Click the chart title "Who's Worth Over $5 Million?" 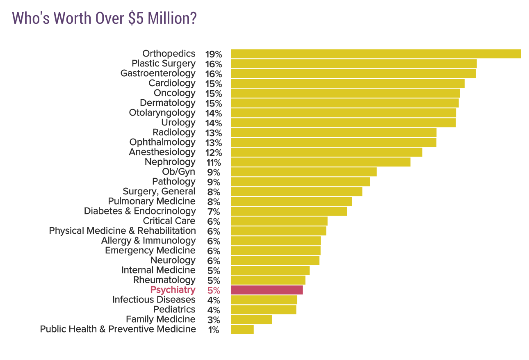click(x=104, y=19)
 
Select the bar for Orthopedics click(x=375, y=54)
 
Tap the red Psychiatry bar click(x=267, y=290)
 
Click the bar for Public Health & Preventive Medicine click(x=242, y=329)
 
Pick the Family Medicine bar click(x=251, y=319)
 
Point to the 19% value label click(x=214, y=54)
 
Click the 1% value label click(x=214, y=330)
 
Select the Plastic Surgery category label click(x=163, y=64)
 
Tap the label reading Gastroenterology click(x=158, y=73)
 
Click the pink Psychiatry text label click(x=173, y=290)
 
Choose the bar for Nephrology click(x=320, y=162)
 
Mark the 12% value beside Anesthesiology click(x=214, y=153)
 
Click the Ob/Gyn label click(x=178, y=172)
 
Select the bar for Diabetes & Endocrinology click(x=289, y=211)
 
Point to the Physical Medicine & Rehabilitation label click(x=122, y=231)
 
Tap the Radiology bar click(x=333, y=132)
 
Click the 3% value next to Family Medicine click(x=214, y=320)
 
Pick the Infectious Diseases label click(x=154, y=300)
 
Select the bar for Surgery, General click(x=296, y=191)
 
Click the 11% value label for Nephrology click(x=214, y=162)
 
